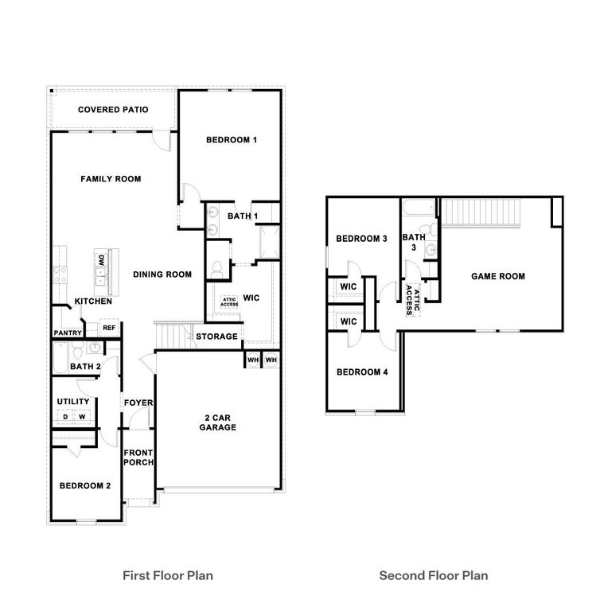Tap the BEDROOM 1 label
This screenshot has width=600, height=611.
(x=231, y=140)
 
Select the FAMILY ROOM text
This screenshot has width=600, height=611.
(x=111, y=179)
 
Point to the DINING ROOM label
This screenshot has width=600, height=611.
(x=162, y=274)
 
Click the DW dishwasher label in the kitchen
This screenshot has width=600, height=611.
(x=101, y=259)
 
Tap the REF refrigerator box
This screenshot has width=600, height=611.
(x=108, y=328)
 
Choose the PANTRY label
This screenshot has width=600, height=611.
(x=68, y=333)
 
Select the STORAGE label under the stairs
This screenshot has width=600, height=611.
(x=216, y=337)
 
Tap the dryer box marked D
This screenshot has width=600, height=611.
(x=64, y=416)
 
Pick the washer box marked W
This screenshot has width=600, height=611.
(x=81, y=416)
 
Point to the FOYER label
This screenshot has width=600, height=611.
(x=138, y=403)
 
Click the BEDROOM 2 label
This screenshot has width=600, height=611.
(x=84, y=485)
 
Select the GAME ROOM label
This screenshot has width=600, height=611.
(x=498, y=276)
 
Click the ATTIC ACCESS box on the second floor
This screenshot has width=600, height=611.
(x=412, y=300)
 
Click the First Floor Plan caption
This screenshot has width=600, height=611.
(x=167, y=574)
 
